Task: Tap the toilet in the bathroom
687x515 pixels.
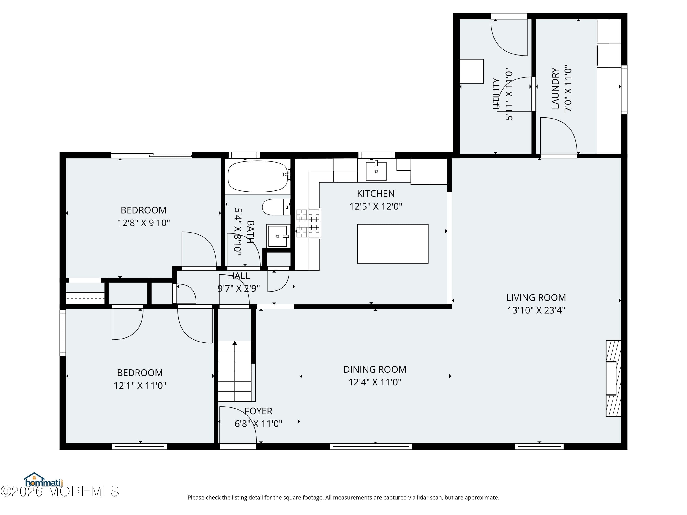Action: tap(276, 207)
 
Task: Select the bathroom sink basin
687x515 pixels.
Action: tap(278, 236)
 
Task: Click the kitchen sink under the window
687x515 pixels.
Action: tap(376, 171)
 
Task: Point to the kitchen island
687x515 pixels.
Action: tap(393, 244)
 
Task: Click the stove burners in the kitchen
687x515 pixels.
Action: tap(308, 223)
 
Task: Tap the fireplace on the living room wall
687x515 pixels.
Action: tap(613, 378)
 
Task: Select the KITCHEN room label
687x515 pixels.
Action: tap(376, 194)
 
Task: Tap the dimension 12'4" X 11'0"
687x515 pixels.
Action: tap(375, 382)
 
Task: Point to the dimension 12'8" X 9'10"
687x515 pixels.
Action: tap(144, 223)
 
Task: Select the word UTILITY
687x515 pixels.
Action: tap(496, 94)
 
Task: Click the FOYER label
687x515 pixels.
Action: tap(258, 411)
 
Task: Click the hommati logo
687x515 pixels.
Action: tap(44, 480)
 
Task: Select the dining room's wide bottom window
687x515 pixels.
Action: tap(371, 446)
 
